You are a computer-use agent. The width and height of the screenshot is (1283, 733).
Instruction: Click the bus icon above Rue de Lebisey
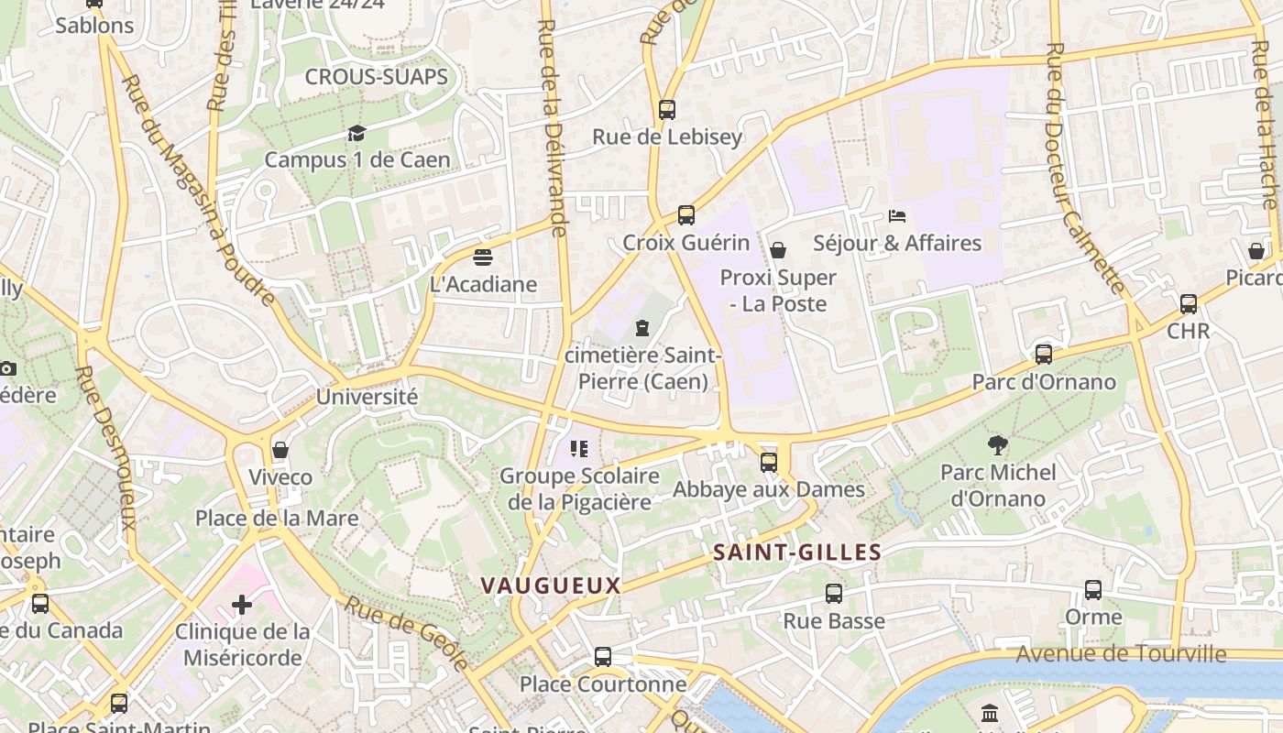[x=667, y=110]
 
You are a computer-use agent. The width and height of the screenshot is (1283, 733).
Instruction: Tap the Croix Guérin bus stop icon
[x=686, y=215]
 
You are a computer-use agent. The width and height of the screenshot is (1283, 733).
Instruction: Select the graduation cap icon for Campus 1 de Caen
[x=356, y=134]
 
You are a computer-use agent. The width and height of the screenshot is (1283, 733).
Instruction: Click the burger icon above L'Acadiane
[x=483, y=257]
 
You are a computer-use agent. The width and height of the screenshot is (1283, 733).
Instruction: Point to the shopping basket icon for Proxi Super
[x=778, y=250]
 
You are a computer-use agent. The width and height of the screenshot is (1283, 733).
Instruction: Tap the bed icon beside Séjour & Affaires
[x=897, y=216]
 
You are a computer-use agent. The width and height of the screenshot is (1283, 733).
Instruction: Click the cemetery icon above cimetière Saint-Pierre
[x=642, y=327]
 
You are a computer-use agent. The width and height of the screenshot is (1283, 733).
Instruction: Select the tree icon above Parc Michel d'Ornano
[x=998, y=445]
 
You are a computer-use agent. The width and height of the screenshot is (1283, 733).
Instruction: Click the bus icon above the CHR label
[x=1189, y=304]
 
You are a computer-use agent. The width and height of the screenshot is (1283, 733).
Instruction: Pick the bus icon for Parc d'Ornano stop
[x=1044, y=355]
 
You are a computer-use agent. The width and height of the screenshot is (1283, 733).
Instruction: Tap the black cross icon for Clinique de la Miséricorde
[x=242, y=605]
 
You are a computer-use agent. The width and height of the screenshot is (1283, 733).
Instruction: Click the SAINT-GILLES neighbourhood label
[x=797, y=552]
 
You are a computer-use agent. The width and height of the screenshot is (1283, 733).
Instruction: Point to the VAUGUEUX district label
[x=551, y=585]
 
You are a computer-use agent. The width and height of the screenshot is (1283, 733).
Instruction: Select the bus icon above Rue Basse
[x=834, y=594]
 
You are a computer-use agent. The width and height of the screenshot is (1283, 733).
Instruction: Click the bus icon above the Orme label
[x=1093, y=590]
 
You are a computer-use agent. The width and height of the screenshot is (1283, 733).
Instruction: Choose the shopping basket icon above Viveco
[x=280, y=450]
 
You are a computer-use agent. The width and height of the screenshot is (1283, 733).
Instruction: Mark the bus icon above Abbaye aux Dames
[x=769, y=463]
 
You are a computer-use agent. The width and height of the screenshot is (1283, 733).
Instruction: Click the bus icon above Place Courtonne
[x=603, y=657]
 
